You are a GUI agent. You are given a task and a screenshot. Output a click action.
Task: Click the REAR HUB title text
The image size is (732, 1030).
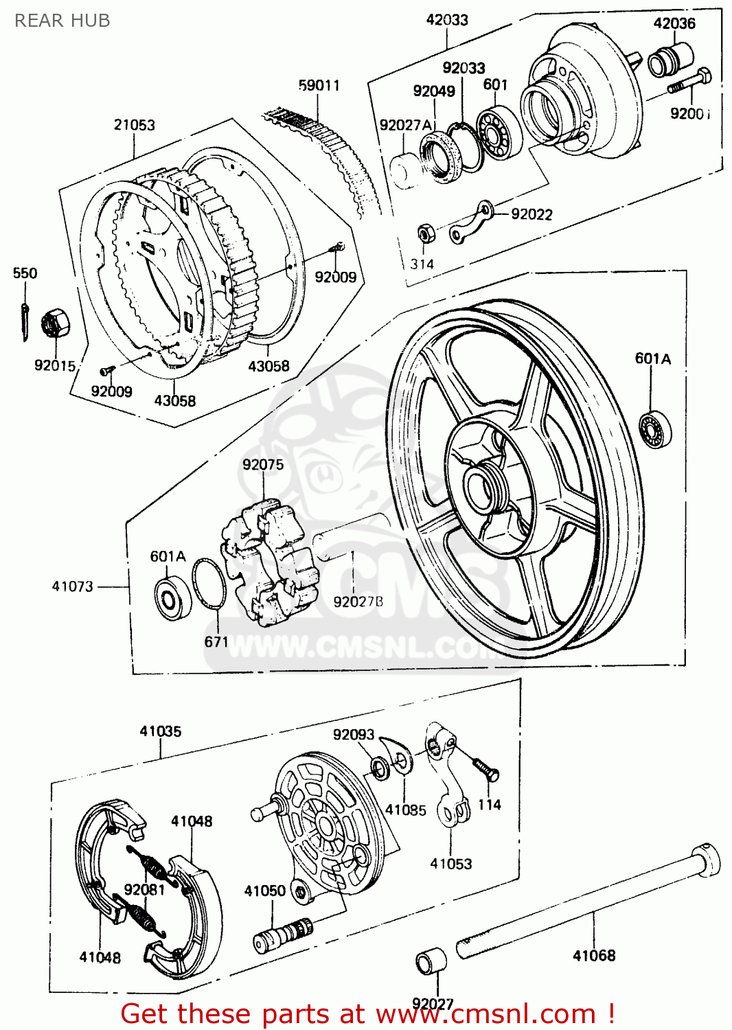coord(62,21)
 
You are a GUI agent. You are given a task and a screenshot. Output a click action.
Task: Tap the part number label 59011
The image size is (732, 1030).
coord(319,85)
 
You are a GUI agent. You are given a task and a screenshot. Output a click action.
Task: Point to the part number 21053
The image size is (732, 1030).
coord(134,125)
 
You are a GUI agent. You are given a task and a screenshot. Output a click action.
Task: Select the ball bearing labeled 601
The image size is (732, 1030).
coord(497,133)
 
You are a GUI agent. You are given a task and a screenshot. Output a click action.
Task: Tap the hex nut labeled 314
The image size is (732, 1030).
coord(425,234)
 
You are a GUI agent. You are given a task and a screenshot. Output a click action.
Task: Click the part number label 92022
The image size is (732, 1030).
coord(531,214)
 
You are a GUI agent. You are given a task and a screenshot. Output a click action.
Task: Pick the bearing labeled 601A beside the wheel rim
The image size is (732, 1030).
coord(654,431)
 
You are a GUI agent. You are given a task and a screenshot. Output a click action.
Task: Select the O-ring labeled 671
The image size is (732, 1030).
coord(209,584)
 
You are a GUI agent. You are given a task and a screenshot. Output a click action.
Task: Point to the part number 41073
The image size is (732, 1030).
coord(72,586)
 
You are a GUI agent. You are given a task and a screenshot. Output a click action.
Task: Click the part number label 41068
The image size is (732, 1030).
coord(594,955)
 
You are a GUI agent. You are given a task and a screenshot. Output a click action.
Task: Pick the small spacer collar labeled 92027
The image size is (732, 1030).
coord(431,961)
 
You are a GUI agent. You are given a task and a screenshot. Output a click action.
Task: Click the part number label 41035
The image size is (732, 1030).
coord(161,731)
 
